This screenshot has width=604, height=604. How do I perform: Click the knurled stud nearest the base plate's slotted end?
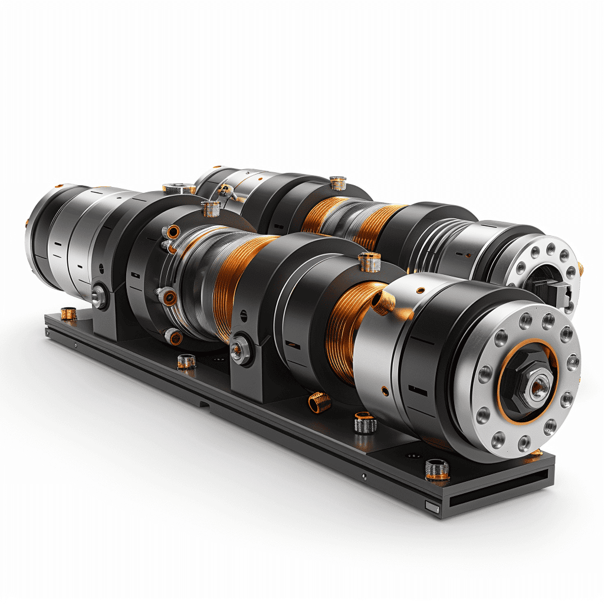point(436,470)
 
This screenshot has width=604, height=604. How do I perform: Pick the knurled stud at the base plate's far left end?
point(69,313)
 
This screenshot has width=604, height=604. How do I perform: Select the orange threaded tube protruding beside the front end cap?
point(385,301)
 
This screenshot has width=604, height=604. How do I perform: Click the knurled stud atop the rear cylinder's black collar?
point(338,183)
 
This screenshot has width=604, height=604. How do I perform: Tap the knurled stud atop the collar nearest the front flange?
point(369,261)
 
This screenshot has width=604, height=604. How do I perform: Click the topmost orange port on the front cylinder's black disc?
point(172,231)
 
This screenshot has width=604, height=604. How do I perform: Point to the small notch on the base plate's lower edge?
point(204,404)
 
